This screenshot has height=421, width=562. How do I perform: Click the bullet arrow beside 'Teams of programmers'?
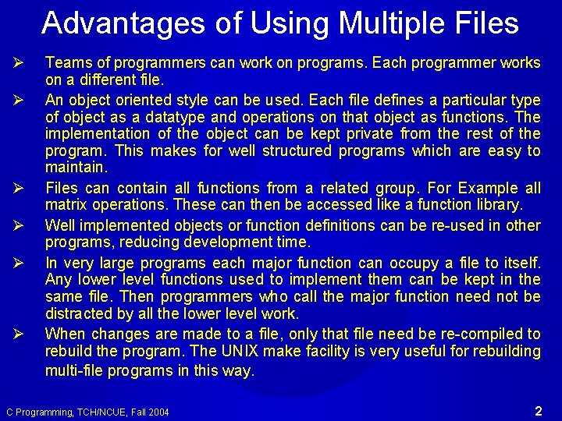coord(19,63)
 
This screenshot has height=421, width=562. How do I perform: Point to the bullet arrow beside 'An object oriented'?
coord(19,100)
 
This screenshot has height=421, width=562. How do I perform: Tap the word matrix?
coord(66,205)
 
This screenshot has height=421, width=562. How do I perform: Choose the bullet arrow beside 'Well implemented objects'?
coord(19,226)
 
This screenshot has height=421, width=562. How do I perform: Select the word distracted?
coord(76,313)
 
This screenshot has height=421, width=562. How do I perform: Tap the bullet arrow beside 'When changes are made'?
coord(19,334)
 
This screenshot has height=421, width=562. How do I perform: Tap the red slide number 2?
coord(539,410)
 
